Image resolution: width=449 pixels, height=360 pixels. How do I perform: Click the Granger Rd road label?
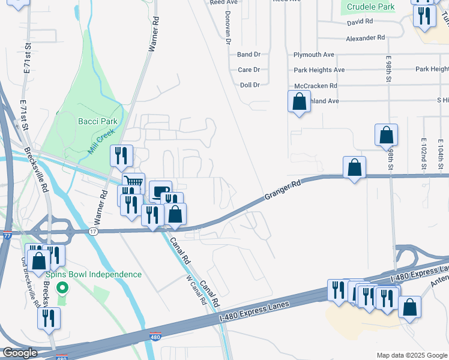(281, 193)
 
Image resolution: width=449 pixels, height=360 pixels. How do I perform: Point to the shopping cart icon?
(134, 182)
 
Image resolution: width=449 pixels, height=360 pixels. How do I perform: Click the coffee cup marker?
(160, 191)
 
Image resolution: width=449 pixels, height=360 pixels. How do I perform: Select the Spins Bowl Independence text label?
(94, 275)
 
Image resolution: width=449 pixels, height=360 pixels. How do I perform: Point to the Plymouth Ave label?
(314, 55)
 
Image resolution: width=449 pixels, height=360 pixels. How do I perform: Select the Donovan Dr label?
(228, 28)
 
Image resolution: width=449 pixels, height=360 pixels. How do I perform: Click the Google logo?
(20, 353)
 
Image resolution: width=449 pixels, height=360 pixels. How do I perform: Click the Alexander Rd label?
(365, 37)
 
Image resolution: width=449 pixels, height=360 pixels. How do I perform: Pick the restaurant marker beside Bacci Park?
(121, 156)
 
